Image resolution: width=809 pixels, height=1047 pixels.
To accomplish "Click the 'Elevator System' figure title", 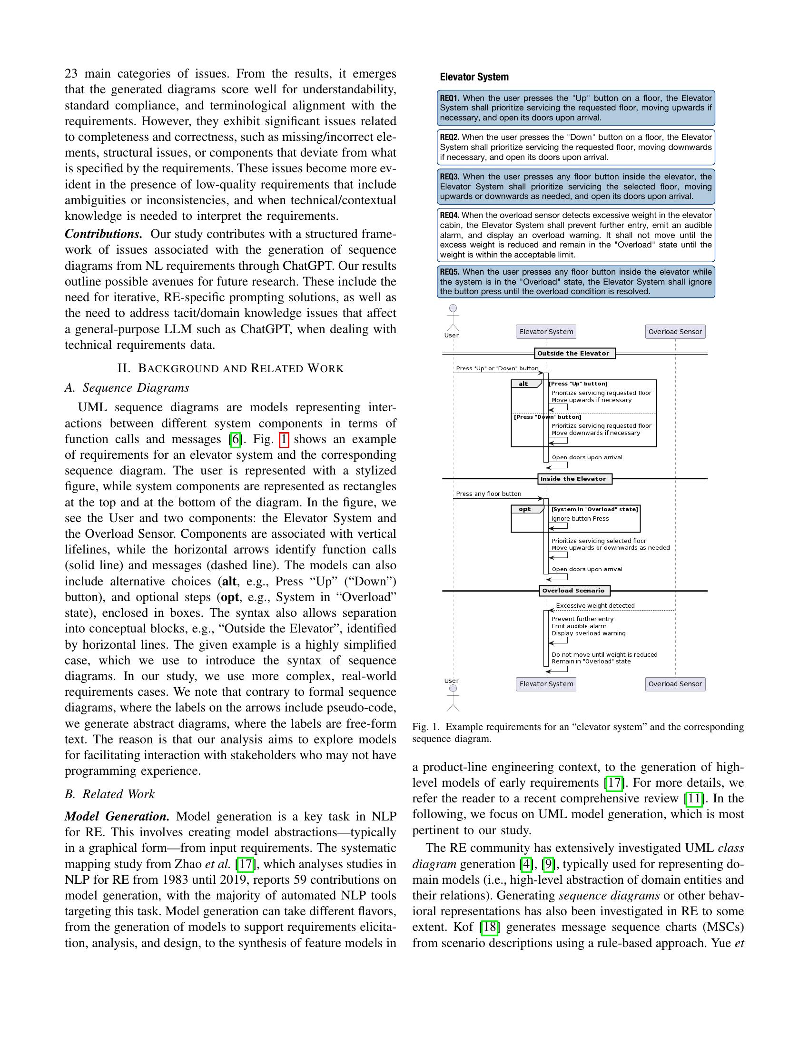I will [474, 77].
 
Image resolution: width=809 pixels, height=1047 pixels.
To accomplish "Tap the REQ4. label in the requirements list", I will [449, 215].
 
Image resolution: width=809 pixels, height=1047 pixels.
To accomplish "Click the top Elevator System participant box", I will [546, 332].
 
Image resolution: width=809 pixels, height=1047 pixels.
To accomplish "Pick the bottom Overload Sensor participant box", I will [675, 684].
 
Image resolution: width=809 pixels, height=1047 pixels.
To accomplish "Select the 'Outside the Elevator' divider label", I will [573, 354].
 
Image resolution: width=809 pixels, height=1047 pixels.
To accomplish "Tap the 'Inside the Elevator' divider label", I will [573, 479].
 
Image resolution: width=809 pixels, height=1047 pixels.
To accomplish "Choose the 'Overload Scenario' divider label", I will [573, 591].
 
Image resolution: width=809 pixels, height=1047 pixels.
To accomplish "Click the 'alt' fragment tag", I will [523, 384].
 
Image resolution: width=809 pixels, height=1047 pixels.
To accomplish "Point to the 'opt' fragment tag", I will [525, 510].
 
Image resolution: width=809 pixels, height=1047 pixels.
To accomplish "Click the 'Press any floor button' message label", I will [488, 494].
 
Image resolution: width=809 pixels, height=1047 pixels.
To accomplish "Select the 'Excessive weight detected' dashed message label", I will [595, 606].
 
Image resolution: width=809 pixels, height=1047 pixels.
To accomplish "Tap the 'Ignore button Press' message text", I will [580, 519].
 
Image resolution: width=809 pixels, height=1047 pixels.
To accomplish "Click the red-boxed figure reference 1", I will [284, 439].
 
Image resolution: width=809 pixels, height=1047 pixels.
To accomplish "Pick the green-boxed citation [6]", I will [235, 439].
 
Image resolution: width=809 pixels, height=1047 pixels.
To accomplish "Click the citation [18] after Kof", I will [489, 927].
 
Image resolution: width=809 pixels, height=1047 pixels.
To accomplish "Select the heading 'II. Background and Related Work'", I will [230, 369].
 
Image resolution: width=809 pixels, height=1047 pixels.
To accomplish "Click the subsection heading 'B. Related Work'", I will [110, 794].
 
